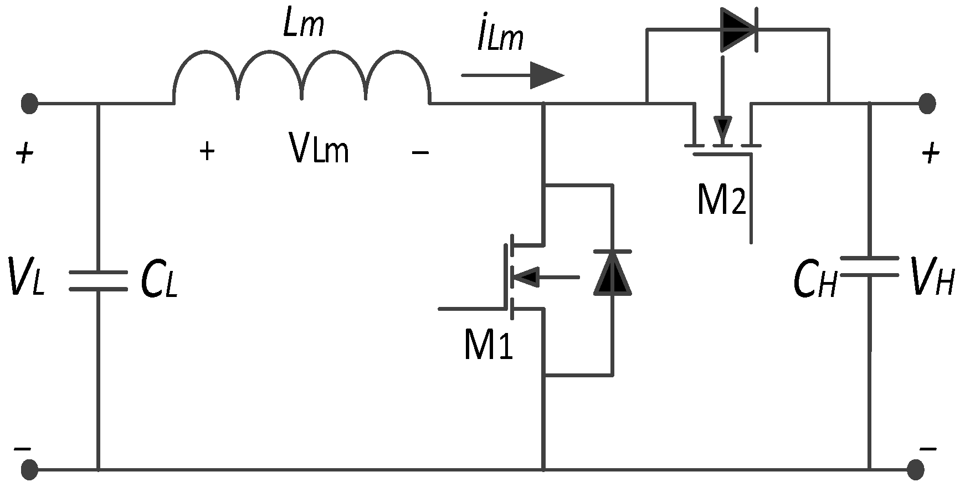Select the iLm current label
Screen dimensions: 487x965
(x=500, y=39)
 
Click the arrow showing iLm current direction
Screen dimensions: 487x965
(x=512, y=75)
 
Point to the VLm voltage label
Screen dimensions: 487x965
(x=319, y=150)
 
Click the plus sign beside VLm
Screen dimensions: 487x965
(x=207, y=151)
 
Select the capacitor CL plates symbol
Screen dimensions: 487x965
(x=99, y=280)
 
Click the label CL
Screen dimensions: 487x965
(x=159, y=280)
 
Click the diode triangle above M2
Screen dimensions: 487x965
(x=738, y=29)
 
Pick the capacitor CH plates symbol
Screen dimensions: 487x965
(x=869, y=266)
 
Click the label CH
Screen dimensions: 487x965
(x=814, y=280)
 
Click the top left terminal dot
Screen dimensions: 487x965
(x=29, y=103)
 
